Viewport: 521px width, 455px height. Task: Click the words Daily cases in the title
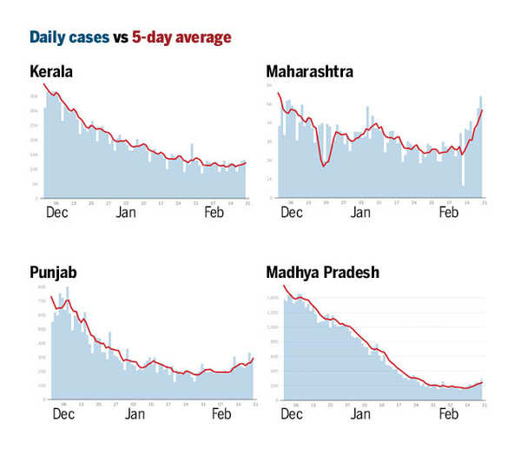coord(69,37)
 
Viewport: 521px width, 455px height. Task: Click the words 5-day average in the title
coord(181,37)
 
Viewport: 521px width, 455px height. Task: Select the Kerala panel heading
coord(50,71)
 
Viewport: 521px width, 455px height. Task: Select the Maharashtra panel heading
coord(309,71)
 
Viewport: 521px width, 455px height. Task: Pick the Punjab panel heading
coord(54,273)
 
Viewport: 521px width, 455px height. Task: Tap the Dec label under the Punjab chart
coord(63,414)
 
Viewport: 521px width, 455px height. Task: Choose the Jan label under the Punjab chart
coord(134,414)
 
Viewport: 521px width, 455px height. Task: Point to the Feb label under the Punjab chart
coord(221,414)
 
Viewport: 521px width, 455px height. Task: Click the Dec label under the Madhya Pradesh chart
coord(293,414)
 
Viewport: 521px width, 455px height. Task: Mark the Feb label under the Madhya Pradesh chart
coord(447,414)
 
